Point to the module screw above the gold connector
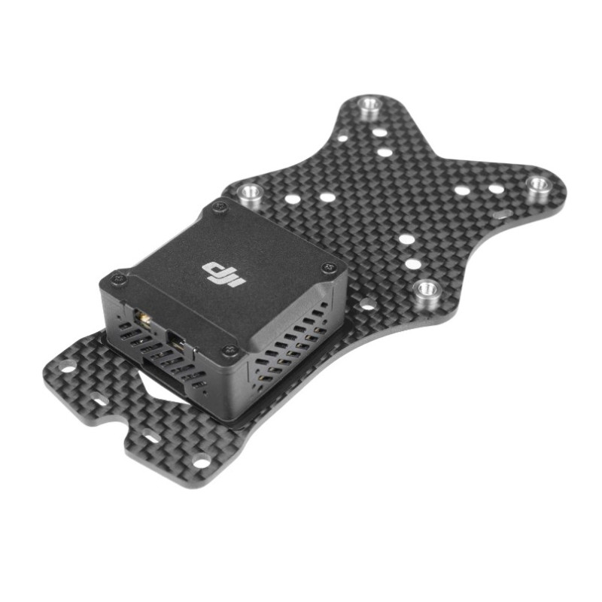tap(116, 279)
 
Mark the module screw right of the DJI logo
tap(327, 267)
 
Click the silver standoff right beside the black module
tap(249, 195)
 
